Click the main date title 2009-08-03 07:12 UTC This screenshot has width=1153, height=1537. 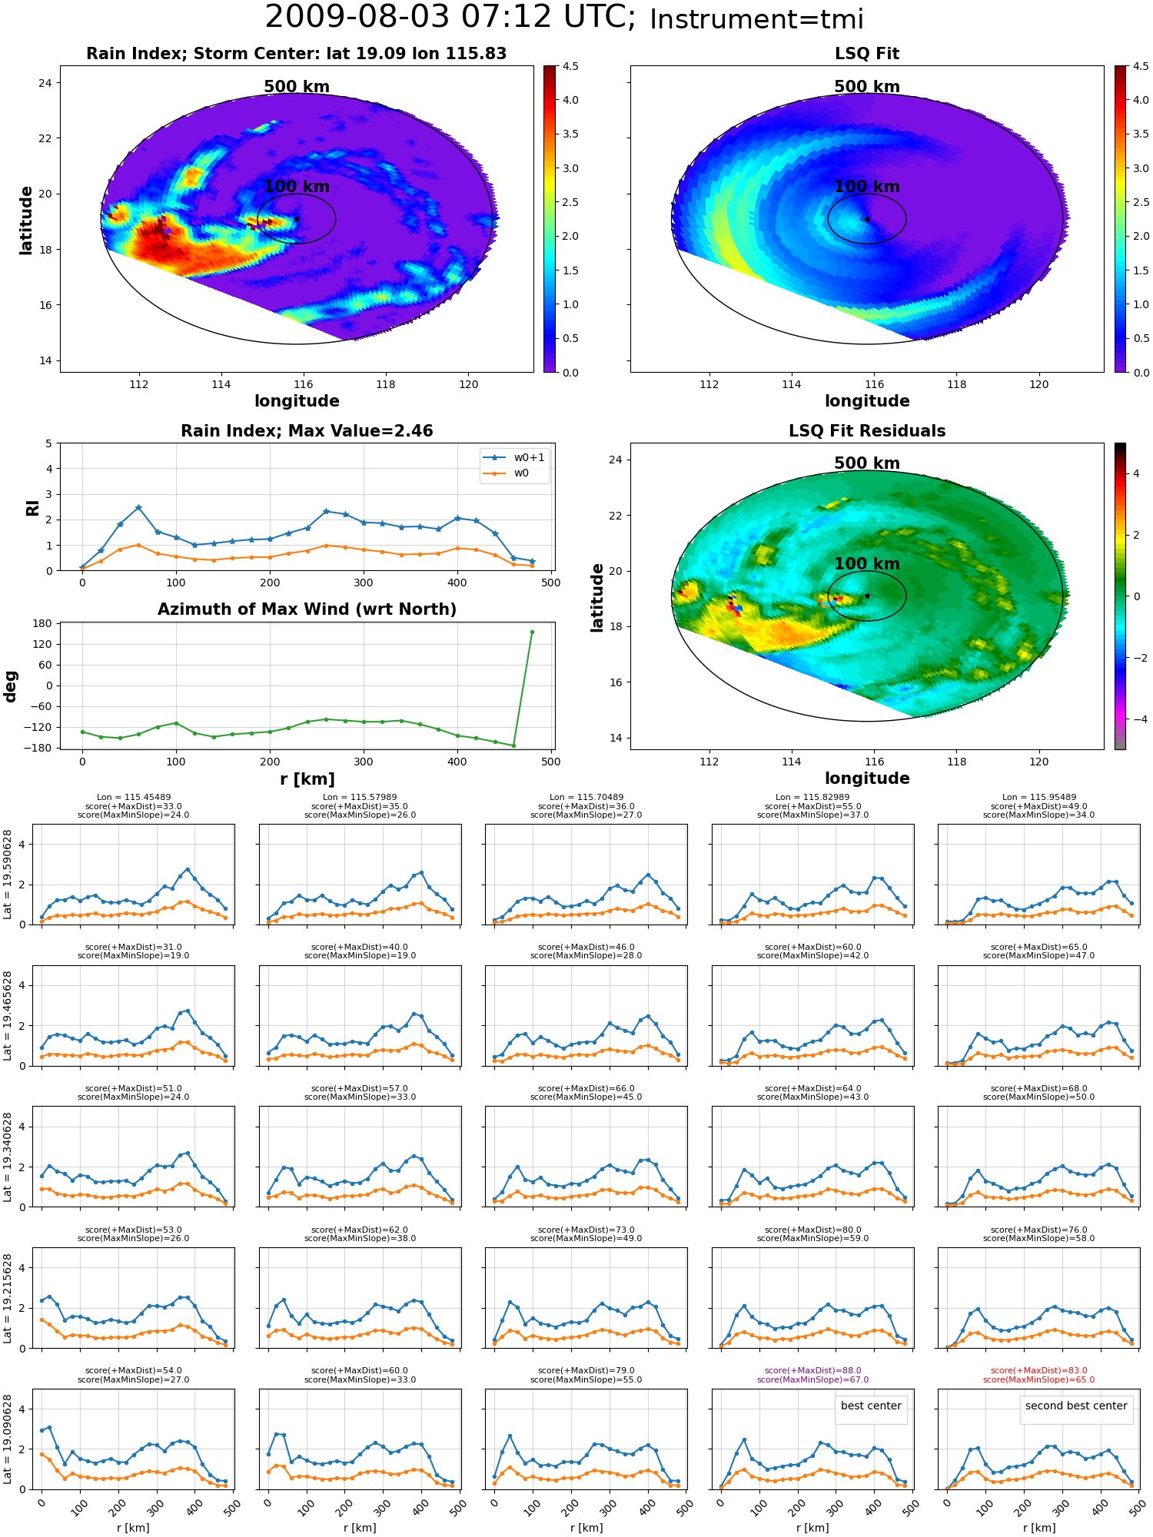[450, 18]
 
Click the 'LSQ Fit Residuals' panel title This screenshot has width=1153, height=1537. [867, 431]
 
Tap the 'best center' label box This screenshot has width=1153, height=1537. [871, 1406]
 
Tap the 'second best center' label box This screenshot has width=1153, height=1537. [1076, 1406]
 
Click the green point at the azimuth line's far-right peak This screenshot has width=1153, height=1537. [532, 632]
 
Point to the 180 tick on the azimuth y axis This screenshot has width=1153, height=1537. [42, 623]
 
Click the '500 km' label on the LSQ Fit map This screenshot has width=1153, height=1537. [867, 87]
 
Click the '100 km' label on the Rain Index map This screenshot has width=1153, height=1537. [297, 187]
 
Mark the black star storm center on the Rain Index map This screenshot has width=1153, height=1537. [297, 219]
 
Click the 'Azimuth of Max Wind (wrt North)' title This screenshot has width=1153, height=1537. [307, 609]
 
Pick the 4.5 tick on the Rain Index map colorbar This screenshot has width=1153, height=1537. [570, 66]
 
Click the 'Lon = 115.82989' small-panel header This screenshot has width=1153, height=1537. [812, 797]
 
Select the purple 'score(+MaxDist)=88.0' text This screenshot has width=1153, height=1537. [812, 1370]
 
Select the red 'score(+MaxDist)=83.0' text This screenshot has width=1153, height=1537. [1038, 1370]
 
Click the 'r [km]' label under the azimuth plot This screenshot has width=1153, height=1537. [307, 779]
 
